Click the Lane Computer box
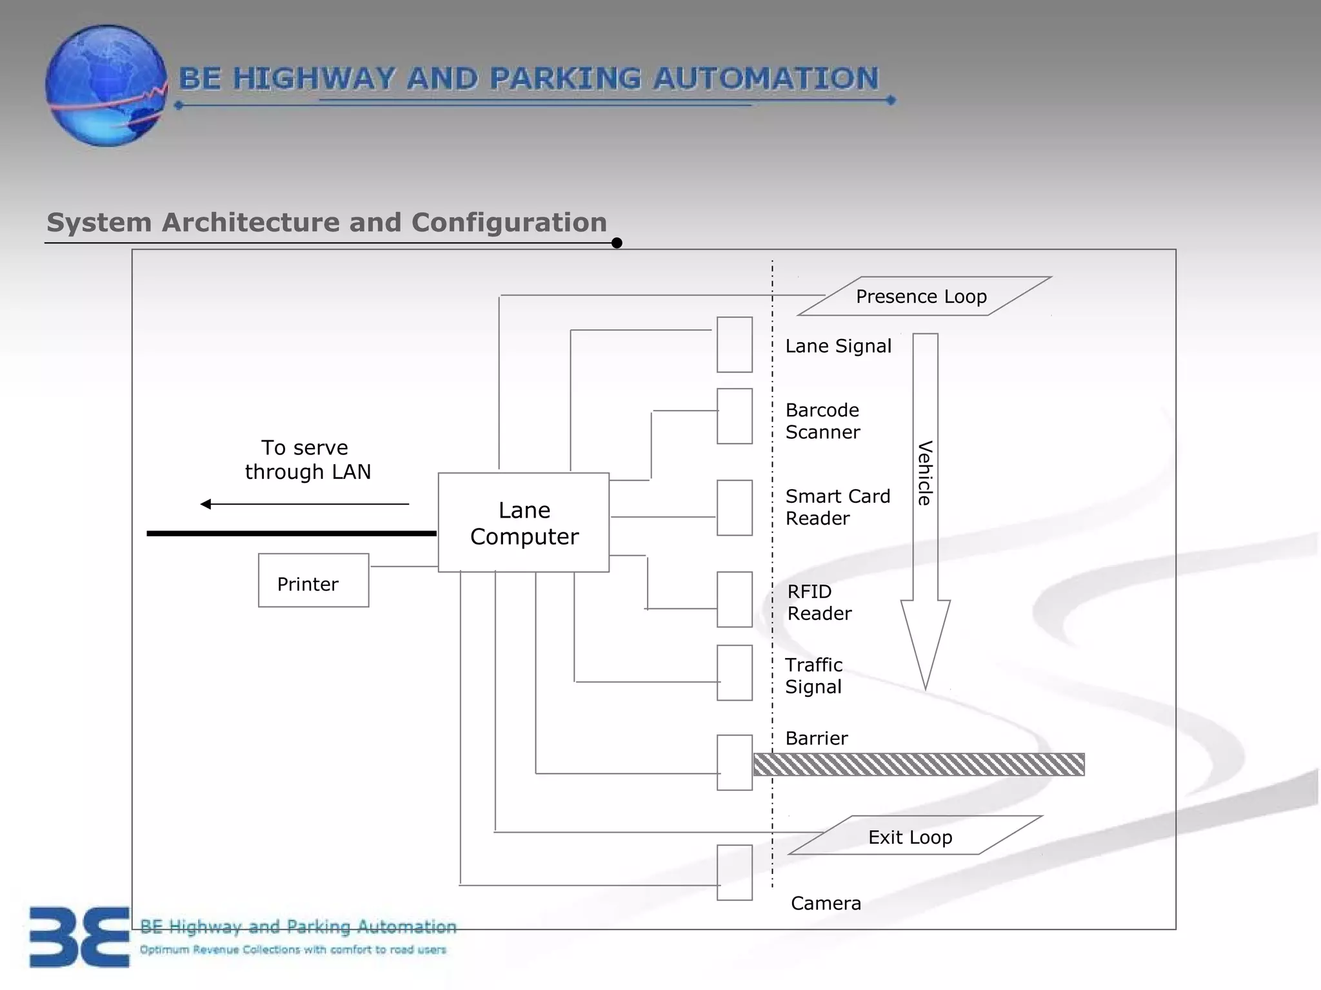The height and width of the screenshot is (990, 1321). click(x=523, y=523)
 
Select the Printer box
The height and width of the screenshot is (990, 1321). click(x=313, y=580)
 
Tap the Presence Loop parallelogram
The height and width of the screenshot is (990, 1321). click(x=924, y=296)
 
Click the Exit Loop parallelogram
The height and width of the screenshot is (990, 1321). click(x=915, y=836)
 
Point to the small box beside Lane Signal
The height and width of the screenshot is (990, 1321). click(x=735, y=345)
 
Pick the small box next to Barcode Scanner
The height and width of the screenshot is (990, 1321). click(x=735, y=416)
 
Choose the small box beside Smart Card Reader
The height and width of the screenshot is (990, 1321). click(x=735, y=508)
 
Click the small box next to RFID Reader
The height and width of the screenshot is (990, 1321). click(x=735, y=599)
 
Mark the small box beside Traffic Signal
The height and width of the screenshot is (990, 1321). click(x=735, y=673)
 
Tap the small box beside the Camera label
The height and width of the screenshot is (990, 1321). click(x=735, y=873)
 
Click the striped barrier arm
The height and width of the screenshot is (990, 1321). click(x=919, y=764)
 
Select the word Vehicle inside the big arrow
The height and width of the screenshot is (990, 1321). click(x=925, y=473)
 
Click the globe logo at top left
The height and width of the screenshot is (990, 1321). click(x=106, y=86)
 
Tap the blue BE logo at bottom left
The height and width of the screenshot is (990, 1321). click(x=79, y=937)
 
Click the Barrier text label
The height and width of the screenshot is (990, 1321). click(x=816, y=739)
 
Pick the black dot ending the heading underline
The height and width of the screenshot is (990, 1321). click(x=617, y=243)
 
